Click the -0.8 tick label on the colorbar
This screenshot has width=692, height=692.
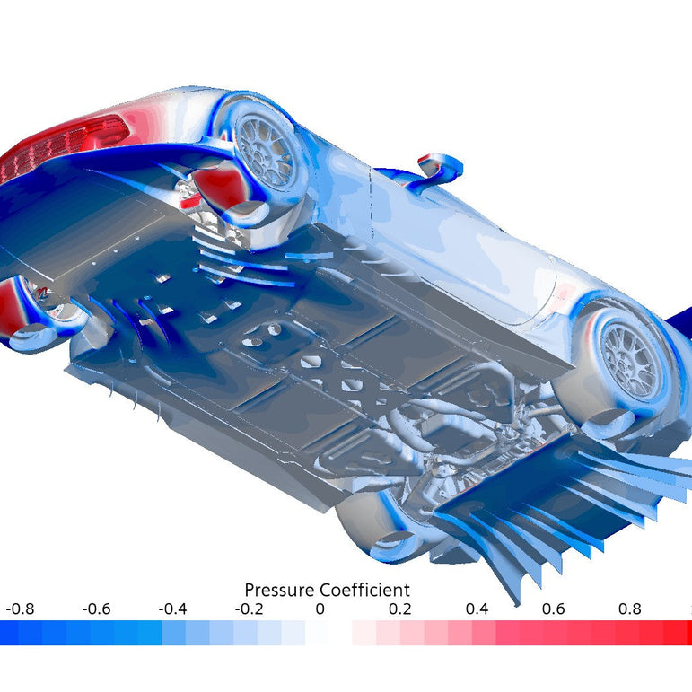20,609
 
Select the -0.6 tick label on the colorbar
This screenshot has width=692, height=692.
96,609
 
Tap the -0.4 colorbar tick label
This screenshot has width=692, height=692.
172,609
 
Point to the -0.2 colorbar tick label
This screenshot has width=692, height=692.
249,609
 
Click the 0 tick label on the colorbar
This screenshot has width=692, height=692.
320,609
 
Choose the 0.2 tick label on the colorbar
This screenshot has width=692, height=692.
399,609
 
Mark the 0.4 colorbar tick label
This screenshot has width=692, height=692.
477,609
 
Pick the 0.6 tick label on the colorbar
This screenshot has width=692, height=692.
553,609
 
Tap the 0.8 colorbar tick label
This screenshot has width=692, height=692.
629,609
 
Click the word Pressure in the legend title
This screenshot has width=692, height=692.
280,590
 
